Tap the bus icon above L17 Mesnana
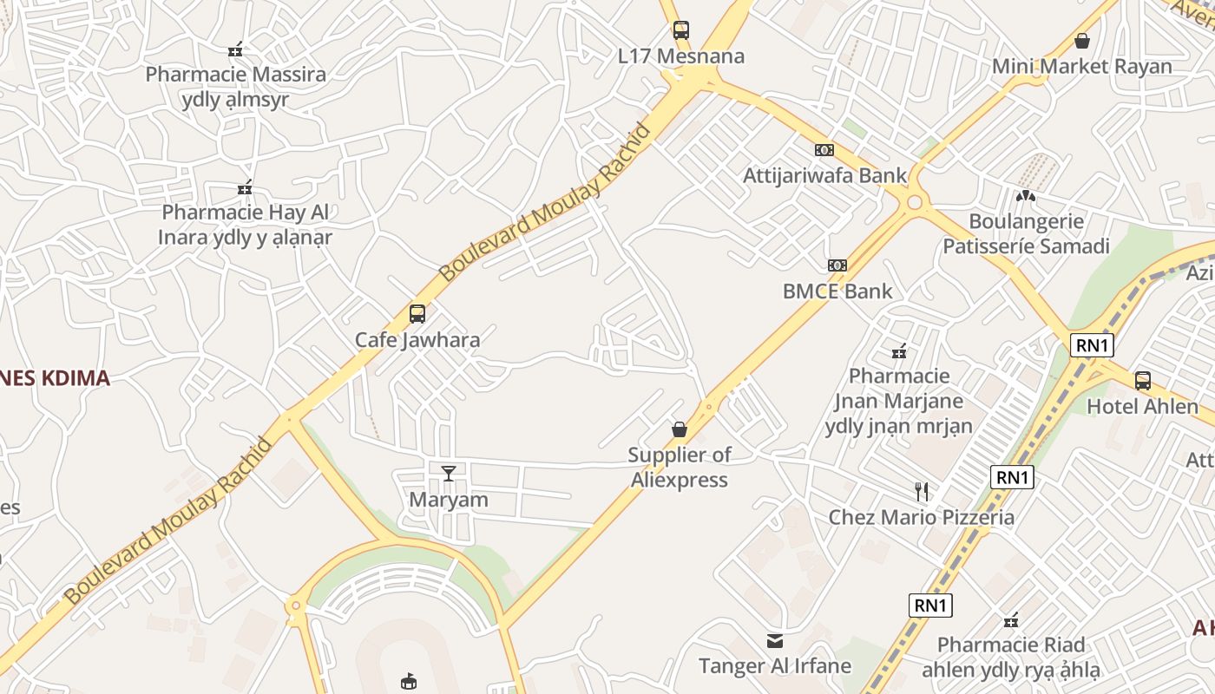tap(681, 30)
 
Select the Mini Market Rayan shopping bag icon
tap(1082, 40)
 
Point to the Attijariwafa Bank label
tap(824, 175)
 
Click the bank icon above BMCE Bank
tap(837, 265)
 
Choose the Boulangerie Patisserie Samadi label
tap(1026, 233)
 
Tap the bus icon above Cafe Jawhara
tap(417, 313)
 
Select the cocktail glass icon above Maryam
tap(449, 473)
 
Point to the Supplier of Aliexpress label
tap(680, 467)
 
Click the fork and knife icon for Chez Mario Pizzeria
tap(922, 492)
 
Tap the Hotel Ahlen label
tap(1142, 406)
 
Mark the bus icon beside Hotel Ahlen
tap(1143, 380)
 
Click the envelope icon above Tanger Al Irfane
tap(775, 641)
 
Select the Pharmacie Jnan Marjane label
tap(899, 401)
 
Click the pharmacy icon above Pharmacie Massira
tap(234, 49)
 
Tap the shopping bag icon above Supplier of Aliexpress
tap(680, 429)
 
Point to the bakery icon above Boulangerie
tap(1026, 196)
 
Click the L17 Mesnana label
tap(681, 56)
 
